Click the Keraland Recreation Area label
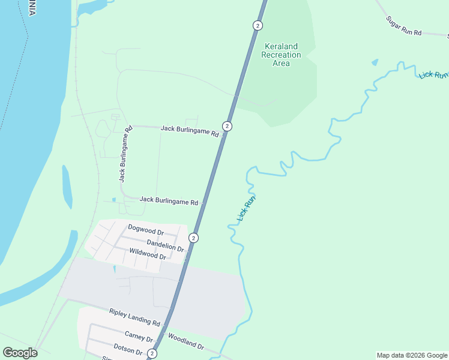pyautogui.click(x=281, y=55)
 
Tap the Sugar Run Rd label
pyautogui.click(x=404, y=25)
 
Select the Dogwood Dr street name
pyautogui.click(x=146, y=231)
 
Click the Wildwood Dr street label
pyautogui.click(x=148, y=256)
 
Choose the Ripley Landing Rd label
pyautogui.click(x=134, y=317)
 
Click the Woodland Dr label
pyautogui.click(x=186, y=342)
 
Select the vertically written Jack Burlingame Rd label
pyautogui.click(x=125, y=154)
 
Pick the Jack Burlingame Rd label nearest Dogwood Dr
pyautogui.click(x=169, y=202)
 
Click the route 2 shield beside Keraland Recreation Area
pyautogui.click(x=258, y=25)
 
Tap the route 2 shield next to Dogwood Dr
pyautogui.click(x=193, y=238)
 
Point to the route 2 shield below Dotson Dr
pyautogui.click(x=152, y=354)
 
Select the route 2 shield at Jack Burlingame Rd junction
pyautogui.click(x=227, y=126)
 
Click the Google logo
pyautogui.click(x=20, y=353)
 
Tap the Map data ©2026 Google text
pyautogui.click(x=412, y=355)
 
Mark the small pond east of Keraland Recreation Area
pyautogui.click(x=375, y=62)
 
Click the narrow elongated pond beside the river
pyautogui.click(x=67, y=187)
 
